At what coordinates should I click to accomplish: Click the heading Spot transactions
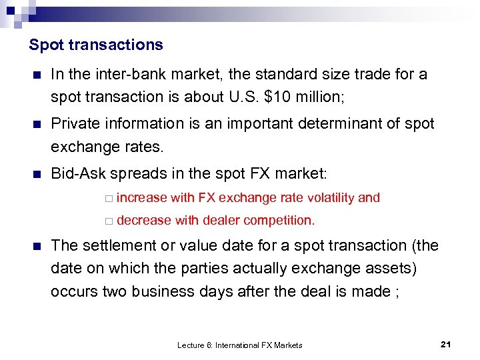[96, 45]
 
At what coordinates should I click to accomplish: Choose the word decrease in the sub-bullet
[143, 220]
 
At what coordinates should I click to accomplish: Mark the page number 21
[446, 344]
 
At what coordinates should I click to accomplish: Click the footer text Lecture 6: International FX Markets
[240, 345]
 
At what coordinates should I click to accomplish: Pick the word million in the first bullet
[318, 97]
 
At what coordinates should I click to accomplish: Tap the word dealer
[221, 220]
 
